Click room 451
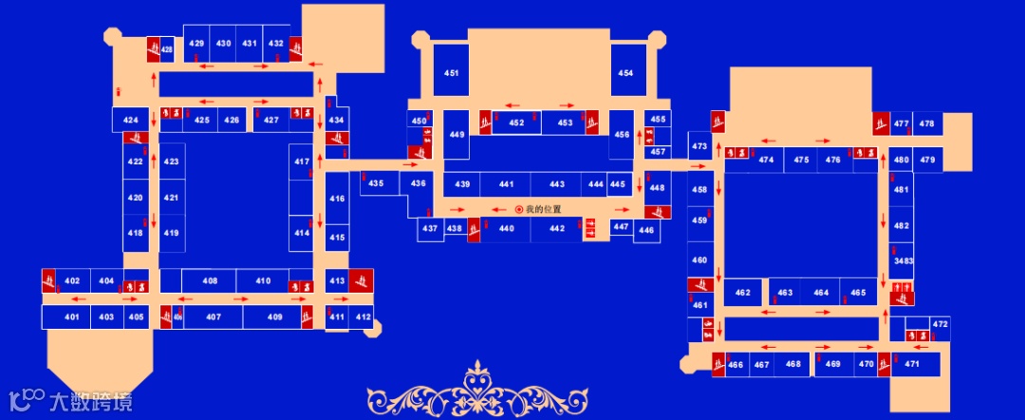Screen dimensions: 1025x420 tap(452, 73)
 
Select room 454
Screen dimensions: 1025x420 tap(625, 73)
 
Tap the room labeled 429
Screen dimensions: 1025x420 tap(196, 44)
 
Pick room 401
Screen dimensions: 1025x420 tap(72, 316)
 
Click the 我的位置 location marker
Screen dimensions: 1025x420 tap(519, 209)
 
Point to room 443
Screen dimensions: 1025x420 tap(557, 184)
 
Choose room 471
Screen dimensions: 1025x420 tap(912, 364)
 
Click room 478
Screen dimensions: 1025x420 tap(927, 124)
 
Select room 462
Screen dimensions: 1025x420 tap(743, 293)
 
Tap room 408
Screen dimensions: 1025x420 tap(210, 281)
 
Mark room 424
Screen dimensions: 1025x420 tap(131, 120)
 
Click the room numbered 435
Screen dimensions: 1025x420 tap(377, 183)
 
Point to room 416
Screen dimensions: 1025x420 tap(337, 200)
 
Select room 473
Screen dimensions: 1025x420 tap(699, 146)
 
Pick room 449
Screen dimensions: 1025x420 tap(457, 135)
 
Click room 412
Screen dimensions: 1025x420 tap(363, 316)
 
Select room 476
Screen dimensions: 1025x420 tap(833, 160)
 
